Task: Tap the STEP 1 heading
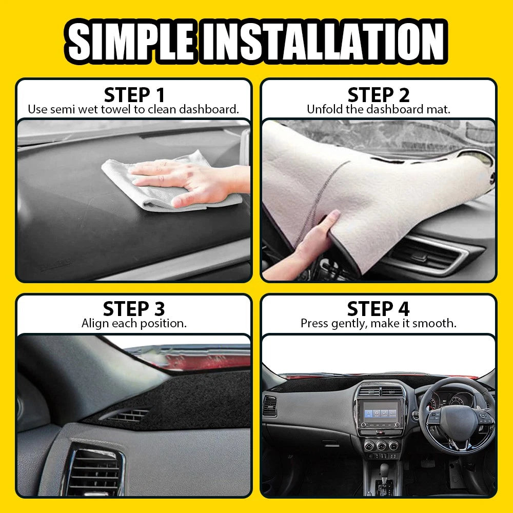point(134,95)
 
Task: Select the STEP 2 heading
point(379,95)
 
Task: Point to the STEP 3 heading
point(134,309)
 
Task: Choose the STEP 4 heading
point(379,309)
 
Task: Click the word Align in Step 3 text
point(94,323)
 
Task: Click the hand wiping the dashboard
point(185,180)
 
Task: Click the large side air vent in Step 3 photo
point(95,469)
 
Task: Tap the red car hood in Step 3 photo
point(205,359)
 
